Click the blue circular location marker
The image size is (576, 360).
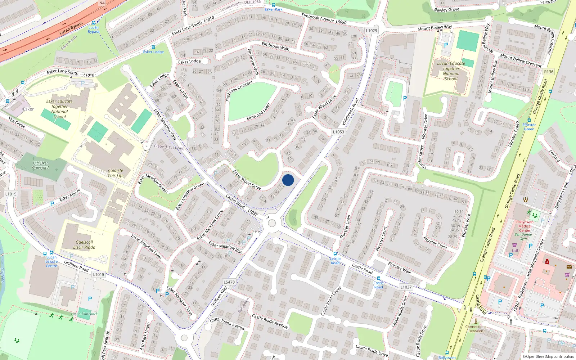coord(288,180)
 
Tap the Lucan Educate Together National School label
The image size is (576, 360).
coord(451,71)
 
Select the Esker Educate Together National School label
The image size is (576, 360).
coord(59,109)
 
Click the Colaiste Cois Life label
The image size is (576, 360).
coord(116,173)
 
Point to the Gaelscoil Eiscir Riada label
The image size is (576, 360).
coord(84,245)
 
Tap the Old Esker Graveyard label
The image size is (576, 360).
coord(40,165)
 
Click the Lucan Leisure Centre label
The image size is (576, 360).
coord(51,261)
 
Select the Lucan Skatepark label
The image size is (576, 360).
coord(84,314)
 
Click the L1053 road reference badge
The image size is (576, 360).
coord(338,132)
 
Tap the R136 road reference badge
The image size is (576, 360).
coord(549,72)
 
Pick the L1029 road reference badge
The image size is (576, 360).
coord(372,31)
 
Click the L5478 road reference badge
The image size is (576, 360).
coord(229,282)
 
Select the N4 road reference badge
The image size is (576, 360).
coord(102,3)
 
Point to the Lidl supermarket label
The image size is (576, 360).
coord(515,251)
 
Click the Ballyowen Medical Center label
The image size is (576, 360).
coord(525,226)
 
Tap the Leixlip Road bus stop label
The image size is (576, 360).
coord(335,261)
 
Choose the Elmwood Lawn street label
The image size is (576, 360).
coord(258,112)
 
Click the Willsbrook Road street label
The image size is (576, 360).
coord(350,112)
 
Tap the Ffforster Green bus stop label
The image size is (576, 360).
coord(529,127)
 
